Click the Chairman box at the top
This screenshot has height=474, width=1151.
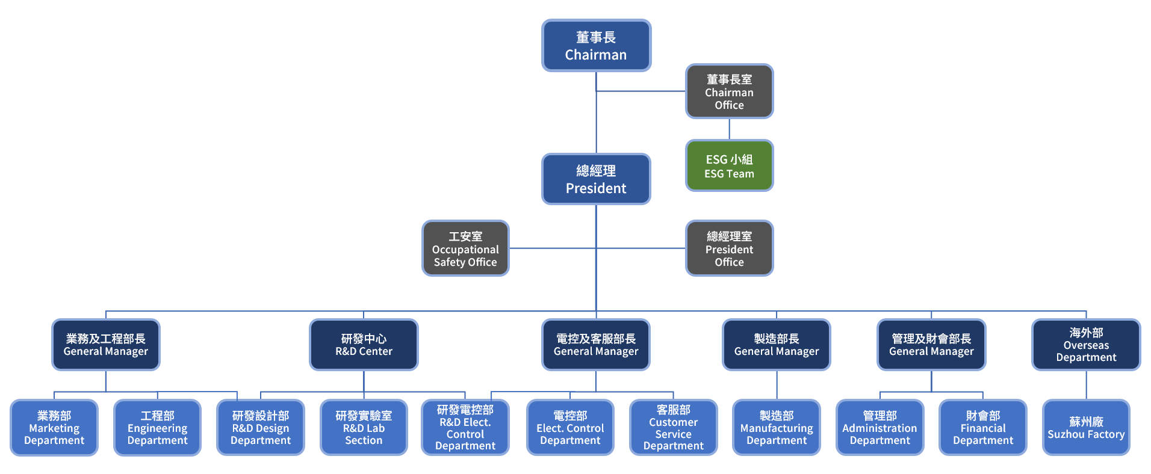point(596,46)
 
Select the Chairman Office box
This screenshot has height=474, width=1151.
point(729,91)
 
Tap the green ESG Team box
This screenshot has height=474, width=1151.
point(729,166)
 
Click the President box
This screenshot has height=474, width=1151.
point(596,179)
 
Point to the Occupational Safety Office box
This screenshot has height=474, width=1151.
point(465,248)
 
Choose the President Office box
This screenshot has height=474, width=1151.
point(729,248)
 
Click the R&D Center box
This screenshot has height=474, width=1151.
point(364,345)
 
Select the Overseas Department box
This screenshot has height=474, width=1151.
point(1086,345)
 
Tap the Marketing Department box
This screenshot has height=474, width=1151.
point(54,428)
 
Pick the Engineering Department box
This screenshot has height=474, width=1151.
point(157,428)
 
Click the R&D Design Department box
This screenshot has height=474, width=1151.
point(261,428)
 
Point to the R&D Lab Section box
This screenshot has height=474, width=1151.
point(364,428)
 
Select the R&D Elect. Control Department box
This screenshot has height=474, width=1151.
point(465,428)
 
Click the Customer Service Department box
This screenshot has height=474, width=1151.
point(673,428)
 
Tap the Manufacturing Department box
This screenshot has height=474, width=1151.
point(777,428)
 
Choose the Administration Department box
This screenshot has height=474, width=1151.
point(880,428)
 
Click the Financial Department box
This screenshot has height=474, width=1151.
point(983,428)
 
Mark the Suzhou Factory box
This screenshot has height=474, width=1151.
point(1086,428)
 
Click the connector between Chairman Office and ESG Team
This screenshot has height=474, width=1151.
point(729,129)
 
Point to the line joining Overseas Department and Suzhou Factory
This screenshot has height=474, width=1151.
point(1086,385)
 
